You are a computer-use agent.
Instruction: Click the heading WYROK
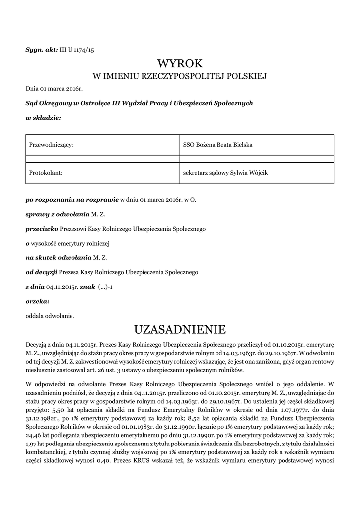pos(180,63)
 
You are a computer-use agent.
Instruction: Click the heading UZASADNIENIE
pos(180,329)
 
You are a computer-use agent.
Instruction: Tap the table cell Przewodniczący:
pos(51,145)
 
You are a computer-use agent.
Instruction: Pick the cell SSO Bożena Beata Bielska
pos(218,145)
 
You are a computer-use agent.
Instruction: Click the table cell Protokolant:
pos(46,173)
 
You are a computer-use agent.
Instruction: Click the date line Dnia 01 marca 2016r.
pos(54,89)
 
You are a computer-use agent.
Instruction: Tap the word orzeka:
pos(37,301)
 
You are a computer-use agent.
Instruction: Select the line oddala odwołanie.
pos(50,315)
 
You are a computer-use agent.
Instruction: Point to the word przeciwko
pos(42,229)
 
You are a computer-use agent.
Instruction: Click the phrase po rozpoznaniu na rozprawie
pos(72,200)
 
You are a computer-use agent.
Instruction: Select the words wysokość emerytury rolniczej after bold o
pos(70,244)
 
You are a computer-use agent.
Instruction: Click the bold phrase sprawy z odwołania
pos(58,215)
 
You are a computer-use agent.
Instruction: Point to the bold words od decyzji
pos(42,272)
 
